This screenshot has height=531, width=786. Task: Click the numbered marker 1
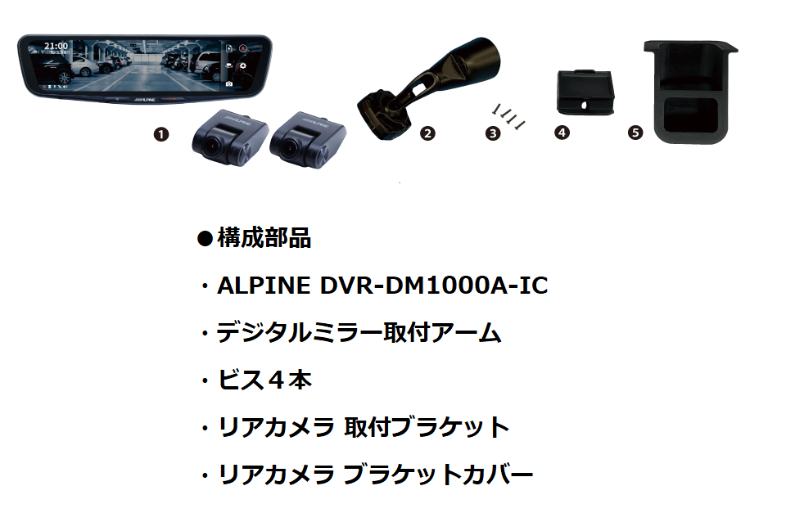[x=161, y=134]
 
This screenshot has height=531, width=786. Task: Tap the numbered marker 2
[x=427, y=133]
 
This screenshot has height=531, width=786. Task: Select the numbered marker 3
[x=493, y=133]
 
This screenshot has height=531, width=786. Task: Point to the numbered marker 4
[x=562, y=133]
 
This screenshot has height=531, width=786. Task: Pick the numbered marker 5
[x=635, y=133]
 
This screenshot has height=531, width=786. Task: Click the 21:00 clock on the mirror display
[x=56, y=46]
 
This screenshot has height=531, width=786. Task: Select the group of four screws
[x=508, y=115]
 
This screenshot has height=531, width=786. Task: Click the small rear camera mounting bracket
[x=585, y=92]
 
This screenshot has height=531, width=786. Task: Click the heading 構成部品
[x=264, y=238]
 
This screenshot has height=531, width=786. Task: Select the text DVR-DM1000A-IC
[x=434, y=286]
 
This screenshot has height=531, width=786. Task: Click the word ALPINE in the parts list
[x=264, y=286]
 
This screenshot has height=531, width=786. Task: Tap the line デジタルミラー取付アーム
[x=359, y=333]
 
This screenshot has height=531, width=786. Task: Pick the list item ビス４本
[x=264, y=380]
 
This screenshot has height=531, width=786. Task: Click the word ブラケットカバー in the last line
[x=438, y=475]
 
